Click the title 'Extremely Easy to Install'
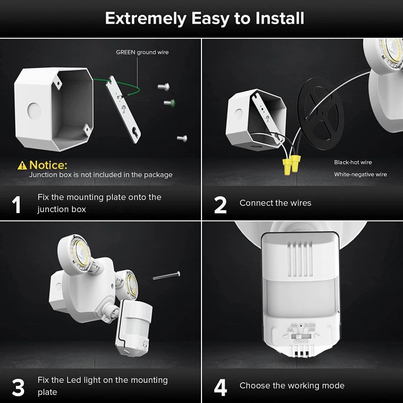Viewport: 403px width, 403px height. tap(204, 19)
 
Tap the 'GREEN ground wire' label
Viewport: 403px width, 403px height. tap(142, 52)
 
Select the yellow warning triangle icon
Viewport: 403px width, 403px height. tap(22, 165)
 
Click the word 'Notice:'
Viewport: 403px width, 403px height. tap(48, 165)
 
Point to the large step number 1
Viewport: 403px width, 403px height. tap(17, 204)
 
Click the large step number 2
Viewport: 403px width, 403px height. tap(220, 204)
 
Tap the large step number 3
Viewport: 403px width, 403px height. tap(18, 387)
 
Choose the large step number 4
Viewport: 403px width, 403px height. tap(220, 387)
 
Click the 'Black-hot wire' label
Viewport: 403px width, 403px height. tap(353, 162)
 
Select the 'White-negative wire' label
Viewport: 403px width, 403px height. tap(360, 174)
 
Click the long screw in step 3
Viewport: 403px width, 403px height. tap(166, 275)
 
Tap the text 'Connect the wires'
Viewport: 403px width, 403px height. tap(275, 203)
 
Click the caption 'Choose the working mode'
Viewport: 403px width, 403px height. tap(292, 385)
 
